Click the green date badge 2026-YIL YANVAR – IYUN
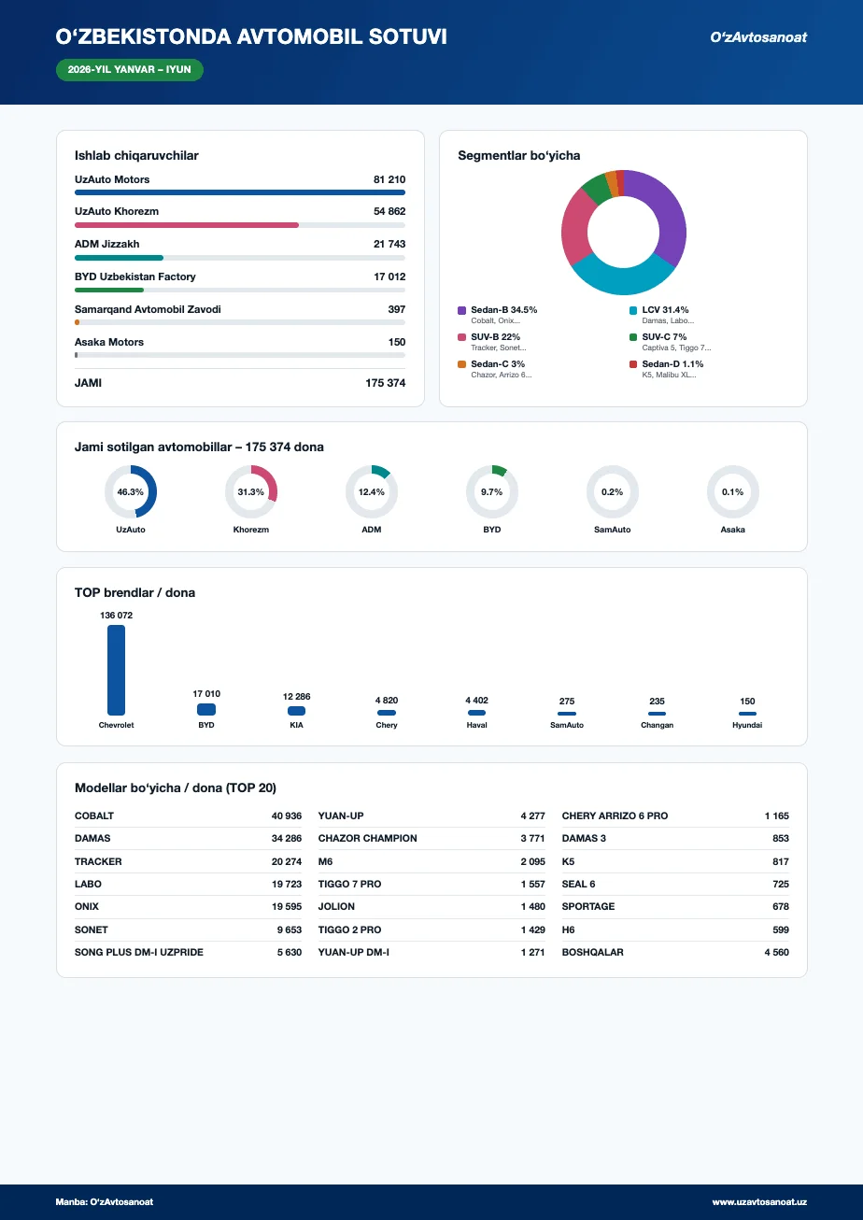(x=130, y=70)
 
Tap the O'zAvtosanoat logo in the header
(x=757, y=37)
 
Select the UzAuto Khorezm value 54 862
(x=389, y=211)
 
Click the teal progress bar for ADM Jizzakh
(x=119, y=258)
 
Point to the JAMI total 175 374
(x=386, y=383)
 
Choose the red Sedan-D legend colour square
(x=633, y=364)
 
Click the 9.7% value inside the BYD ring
(x=491, y=491)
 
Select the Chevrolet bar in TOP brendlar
(x=116, y=670)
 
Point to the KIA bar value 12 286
(x=297, y=697)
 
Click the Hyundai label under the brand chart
(x=747, y=725)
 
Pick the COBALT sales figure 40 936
(x=287, y=816)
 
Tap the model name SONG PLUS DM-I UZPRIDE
(x=139, y=952)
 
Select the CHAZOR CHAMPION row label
(x=368, y=838)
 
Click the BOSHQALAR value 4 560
(x=776, y=952)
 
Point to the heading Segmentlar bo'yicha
(x=519, y=156)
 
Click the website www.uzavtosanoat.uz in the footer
(x=759, y=1201)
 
